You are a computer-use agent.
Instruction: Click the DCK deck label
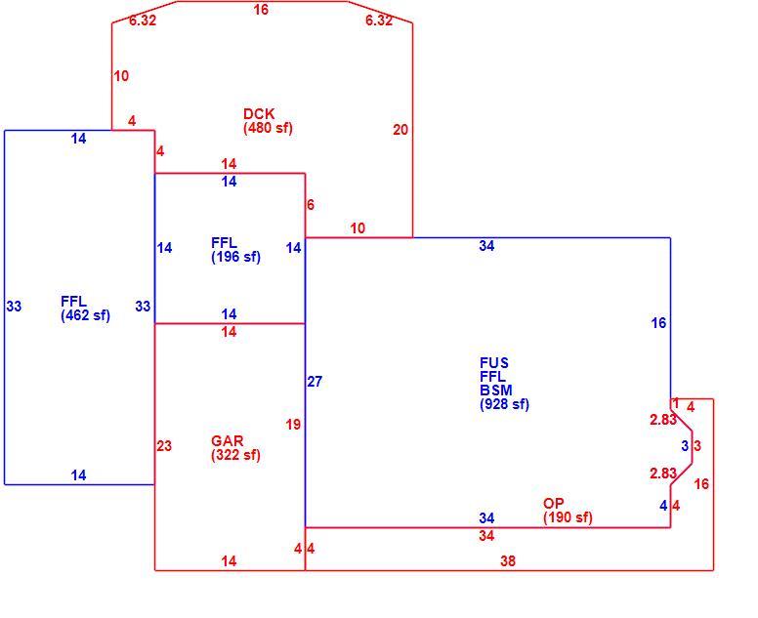259,114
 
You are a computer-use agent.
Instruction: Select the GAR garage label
228,441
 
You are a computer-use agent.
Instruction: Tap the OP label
554,504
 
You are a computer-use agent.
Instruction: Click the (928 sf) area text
505,404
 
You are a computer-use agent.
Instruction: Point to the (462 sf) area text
86,315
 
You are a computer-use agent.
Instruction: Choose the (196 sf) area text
236,257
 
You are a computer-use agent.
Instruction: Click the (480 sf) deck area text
269,128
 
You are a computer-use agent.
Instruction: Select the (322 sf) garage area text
236,455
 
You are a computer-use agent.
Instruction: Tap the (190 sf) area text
568,517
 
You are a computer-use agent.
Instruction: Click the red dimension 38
508,561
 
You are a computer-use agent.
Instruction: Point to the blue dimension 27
315,382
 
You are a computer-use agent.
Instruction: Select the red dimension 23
164,445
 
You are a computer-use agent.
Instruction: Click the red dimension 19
293,425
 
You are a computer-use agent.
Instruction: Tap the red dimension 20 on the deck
400,130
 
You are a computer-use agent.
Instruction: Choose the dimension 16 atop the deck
261,10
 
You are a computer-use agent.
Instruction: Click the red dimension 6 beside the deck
311,205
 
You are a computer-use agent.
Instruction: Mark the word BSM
496,390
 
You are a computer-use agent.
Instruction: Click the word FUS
494,363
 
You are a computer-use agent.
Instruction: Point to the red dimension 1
676,402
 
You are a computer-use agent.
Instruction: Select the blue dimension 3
685,446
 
